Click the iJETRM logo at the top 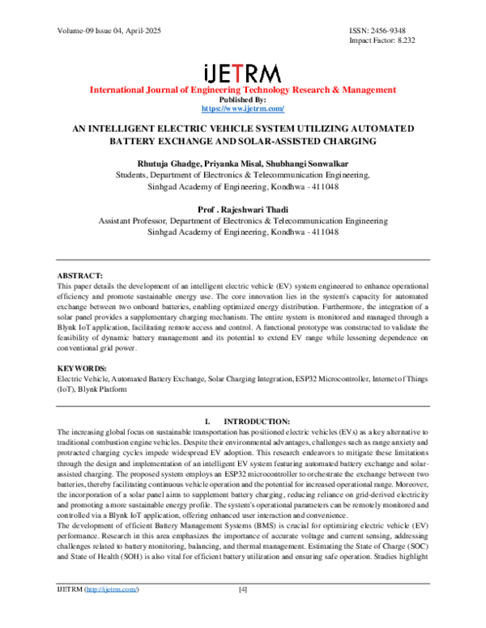pyautogui.click(x=242, y=73)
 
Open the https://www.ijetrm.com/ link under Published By pyautogui.click(x=242, y=108)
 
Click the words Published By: pyautogui.click(x=242, y=100)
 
